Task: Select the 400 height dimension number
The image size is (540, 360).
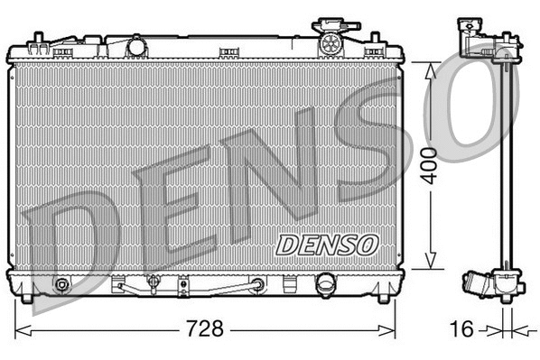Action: click(x=436, y=164)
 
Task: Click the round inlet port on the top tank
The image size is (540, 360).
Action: click(x=136, y=45)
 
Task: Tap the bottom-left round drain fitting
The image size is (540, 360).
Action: click(x=61, y=286)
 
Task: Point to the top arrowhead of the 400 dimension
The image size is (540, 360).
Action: click(x=436, y=66)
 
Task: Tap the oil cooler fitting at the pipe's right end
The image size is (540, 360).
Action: click(x=258, y=285)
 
